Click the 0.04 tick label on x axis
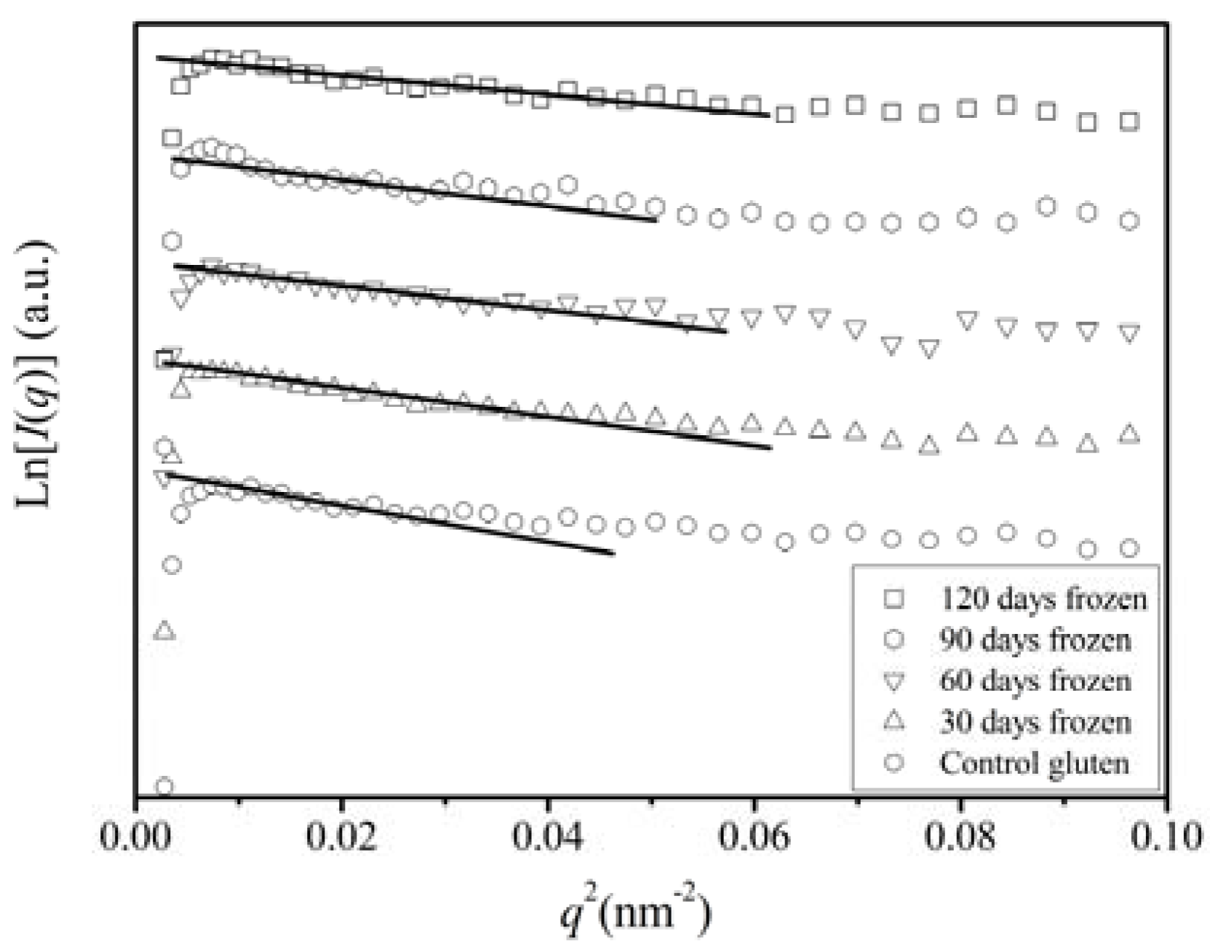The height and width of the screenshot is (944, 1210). pos(547,838)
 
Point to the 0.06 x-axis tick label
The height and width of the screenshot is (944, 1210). pos(754,838)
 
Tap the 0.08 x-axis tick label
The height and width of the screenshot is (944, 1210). pos(960,838)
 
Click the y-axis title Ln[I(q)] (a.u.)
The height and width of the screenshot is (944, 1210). pos(35,373)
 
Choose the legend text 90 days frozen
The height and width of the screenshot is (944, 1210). pos(1035,640)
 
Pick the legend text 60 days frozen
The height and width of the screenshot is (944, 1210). pos(1035,681)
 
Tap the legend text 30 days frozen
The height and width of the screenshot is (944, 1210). pos(1035,723)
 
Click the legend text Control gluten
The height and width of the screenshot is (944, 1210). pos(1034,763)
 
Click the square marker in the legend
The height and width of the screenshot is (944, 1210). pos(893,599)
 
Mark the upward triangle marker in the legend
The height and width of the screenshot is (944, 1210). pos(893,721)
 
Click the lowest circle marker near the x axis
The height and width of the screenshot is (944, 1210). pos(164,786)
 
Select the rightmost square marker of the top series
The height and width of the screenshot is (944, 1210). pos(1129,122)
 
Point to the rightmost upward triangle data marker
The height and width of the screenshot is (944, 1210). pos(1129,434)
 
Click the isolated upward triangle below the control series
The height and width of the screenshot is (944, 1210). pos(164,630)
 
